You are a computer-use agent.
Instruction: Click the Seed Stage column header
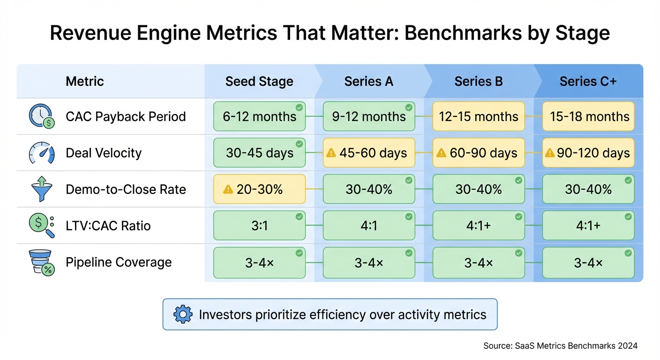259,82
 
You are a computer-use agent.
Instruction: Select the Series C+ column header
588,82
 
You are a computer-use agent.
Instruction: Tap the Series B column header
478,82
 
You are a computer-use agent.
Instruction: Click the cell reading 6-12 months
259,116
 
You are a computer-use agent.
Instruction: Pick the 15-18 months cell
588,116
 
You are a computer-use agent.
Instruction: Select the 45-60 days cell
369,153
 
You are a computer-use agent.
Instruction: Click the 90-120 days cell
588,153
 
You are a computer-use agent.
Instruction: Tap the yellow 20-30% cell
259,189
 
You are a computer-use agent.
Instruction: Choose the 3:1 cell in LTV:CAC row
259,226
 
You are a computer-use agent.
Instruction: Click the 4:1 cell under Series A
369,226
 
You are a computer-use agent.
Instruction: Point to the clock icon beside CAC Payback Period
41,116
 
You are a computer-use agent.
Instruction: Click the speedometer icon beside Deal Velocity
41,153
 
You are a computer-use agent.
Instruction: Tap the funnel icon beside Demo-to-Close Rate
41,189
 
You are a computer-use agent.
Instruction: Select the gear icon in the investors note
183,314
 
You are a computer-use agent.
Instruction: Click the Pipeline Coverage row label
119,262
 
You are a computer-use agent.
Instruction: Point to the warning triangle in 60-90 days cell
441,153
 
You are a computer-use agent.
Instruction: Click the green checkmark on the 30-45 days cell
299,144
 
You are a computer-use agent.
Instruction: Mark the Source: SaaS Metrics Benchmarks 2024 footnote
560,346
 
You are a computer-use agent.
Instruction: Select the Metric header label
84,82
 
